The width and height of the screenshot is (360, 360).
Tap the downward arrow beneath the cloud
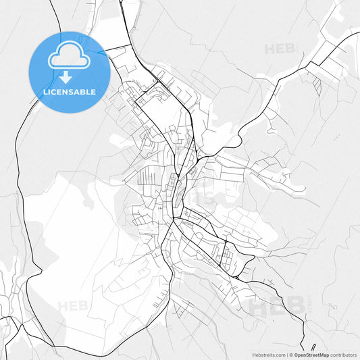pos(68,76)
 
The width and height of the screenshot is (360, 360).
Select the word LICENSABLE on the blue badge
pos(68,92)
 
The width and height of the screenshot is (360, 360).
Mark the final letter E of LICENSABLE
pos(93,92)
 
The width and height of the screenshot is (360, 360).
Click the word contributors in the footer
pos(344,354)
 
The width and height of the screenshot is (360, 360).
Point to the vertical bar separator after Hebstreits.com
pos(288,354)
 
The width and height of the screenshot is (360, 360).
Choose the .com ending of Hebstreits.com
pos(281,354)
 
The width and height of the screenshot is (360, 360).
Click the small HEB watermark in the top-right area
pos(280,49)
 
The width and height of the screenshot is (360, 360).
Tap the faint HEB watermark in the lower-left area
pos(73,306)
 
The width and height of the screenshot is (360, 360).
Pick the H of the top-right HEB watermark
pos(269,49)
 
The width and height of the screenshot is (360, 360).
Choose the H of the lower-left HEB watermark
pos(63,306)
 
